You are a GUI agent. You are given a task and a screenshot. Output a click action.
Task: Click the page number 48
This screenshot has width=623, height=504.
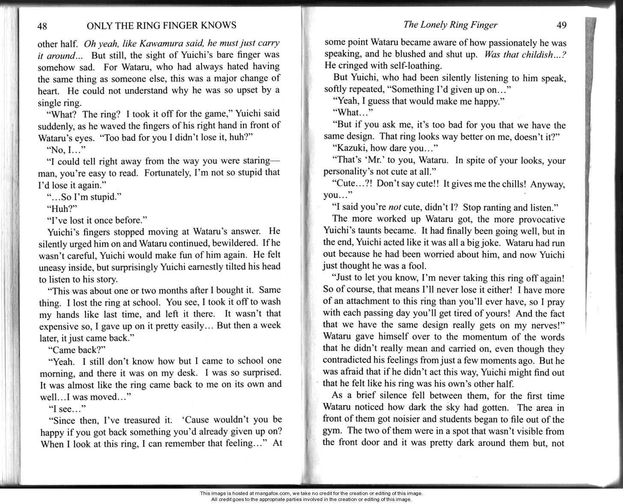click(42, 26)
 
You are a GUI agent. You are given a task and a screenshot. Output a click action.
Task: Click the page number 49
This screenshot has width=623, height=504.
click(561, 25)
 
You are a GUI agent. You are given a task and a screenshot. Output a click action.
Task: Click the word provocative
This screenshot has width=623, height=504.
click(537, 219)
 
